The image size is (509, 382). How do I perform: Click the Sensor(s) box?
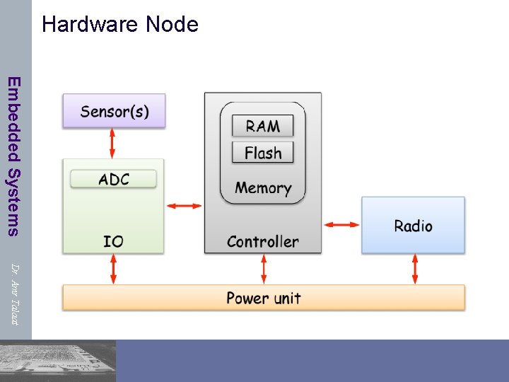click(114, 111)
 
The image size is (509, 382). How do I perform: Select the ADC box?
click(113, 179)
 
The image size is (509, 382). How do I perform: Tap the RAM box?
click(262, 127)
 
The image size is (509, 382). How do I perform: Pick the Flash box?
click(262, 153)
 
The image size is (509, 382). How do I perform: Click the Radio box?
click(413, 225)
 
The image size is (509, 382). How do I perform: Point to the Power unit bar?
click(263, 298)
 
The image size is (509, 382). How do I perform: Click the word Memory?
click(263, 187)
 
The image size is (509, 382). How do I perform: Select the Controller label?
click(262, 241)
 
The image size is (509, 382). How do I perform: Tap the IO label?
click(113, 241)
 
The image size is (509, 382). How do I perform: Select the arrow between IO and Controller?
click(184, 206)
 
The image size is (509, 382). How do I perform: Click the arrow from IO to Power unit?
click(113, 269)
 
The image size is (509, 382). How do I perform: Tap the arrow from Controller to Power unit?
click(264, 269)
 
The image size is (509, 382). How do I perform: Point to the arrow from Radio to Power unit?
click(415, 269)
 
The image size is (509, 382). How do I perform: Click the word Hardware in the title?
click(90, 25)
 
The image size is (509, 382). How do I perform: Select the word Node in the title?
click(172, 25)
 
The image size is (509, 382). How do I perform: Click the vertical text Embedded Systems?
click(15, 155)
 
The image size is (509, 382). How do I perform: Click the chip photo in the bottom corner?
click(58, 361)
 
